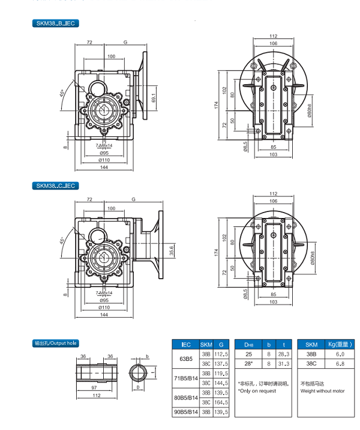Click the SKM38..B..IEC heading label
[x=56, y=23]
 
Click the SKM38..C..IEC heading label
[x=56, y=186]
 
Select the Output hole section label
[x=55, y=344]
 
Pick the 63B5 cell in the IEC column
[x=183, y=359]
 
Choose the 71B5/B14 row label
[x=183, y=378]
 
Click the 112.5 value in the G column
[x=221, y=354]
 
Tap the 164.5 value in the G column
[x=221, y=402]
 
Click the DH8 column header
[x=248, y=344]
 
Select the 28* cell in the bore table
[x=248, y=364]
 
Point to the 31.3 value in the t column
[x=284, y=364]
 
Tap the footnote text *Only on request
[x=257, y=391]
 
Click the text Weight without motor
[x=323, y=391]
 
